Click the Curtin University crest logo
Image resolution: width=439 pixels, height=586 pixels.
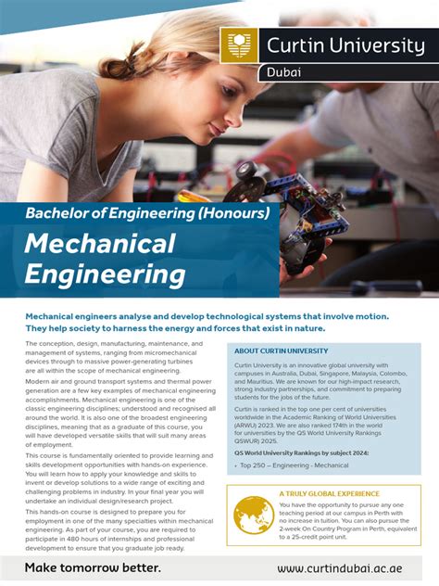[239, 45]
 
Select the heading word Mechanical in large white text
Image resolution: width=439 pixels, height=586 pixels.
[100, 244]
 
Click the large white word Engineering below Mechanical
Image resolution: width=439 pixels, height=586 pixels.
[105, 274]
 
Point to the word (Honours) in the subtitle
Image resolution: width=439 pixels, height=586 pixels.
[232, 213]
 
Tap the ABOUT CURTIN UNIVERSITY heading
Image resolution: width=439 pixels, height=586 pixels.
[281, 351]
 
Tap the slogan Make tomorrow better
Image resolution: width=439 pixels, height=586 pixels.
[93, 567]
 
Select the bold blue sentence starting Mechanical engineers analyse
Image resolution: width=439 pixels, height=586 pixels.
[207, 322]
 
